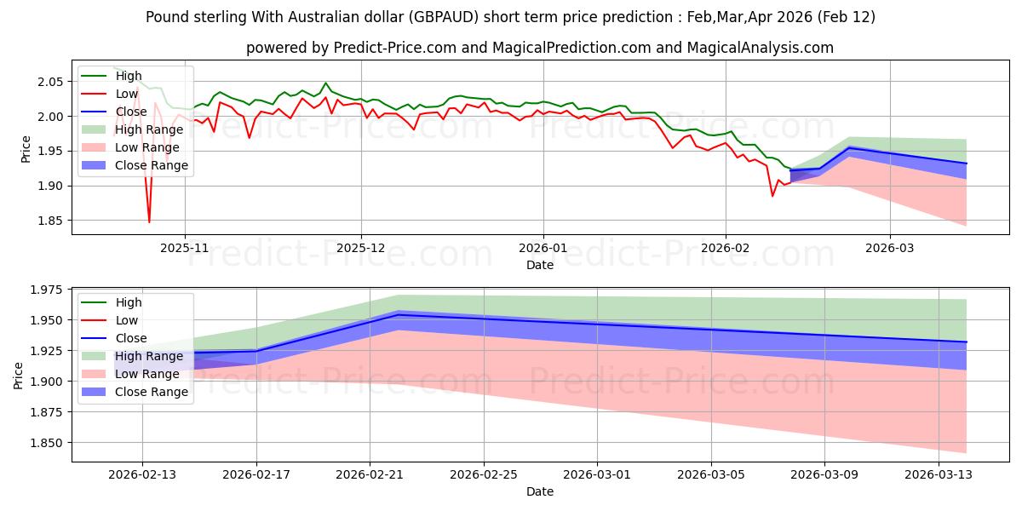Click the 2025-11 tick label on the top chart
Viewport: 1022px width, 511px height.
[x=185, y=249]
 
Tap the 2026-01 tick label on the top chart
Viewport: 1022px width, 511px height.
[x=543, y=249]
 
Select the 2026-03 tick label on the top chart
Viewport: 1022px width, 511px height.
[x=890, y=249]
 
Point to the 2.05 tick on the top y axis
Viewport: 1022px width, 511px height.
[x=50, y=82]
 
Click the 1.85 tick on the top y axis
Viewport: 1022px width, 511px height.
[x=50, y=221]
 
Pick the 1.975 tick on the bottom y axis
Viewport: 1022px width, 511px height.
[x=47, y=290]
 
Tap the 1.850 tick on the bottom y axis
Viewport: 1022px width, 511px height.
[x=47, y=443]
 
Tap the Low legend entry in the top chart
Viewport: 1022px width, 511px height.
[x=128, y=94]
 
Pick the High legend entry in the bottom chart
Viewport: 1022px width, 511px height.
[x=129, y=302]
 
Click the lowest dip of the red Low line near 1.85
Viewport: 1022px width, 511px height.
[x=149, y=222]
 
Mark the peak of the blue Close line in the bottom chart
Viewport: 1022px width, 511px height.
[x=399, y=314]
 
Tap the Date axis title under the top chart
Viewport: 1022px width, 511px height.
[x=539, y=265]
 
